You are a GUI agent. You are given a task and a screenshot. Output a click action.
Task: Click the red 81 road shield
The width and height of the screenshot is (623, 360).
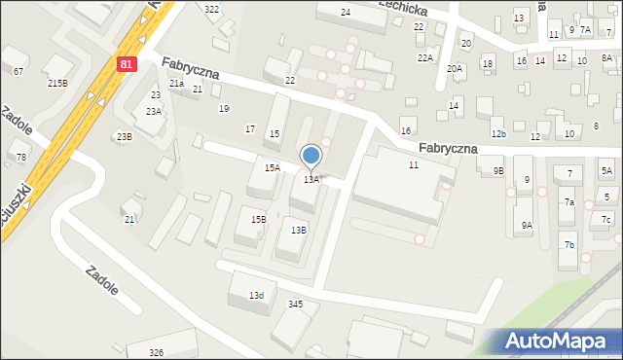pos(128,63)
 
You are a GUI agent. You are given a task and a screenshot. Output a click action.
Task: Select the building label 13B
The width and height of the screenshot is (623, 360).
pos(299,230)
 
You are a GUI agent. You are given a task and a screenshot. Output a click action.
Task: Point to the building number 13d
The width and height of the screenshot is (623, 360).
pos(256,295)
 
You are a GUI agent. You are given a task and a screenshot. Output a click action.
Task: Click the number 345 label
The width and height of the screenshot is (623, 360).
pos(296,305)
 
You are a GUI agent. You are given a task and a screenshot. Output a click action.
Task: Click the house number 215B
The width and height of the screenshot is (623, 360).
pos(58,84)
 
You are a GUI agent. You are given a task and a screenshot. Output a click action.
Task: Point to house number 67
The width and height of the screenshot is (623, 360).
pos(18,72)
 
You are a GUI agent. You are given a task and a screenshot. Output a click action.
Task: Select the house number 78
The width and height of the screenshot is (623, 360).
pos(21,157)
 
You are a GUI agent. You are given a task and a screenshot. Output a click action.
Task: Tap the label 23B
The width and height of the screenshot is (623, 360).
pos(124,136)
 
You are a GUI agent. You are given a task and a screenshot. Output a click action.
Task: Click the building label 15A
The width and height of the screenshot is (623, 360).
pos(272,168)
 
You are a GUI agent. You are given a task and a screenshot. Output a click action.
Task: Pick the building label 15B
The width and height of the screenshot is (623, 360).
pos(258,220)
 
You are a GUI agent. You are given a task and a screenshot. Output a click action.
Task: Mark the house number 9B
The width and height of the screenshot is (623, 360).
pos(498,171)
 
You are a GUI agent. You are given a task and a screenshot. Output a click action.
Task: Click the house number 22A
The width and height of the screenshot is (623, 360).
pos(425,58)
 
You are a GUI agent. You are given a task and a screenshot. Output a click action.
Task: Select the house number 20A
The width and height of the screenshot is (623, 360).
pos(455,68)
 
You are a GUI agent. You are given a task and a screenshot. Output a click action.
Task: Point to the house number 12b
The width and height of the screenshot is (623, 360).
pos(498,133)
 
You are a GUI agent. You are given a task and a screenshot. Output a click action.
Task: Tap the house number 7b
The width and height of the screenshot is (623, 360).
pos(569,244)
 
